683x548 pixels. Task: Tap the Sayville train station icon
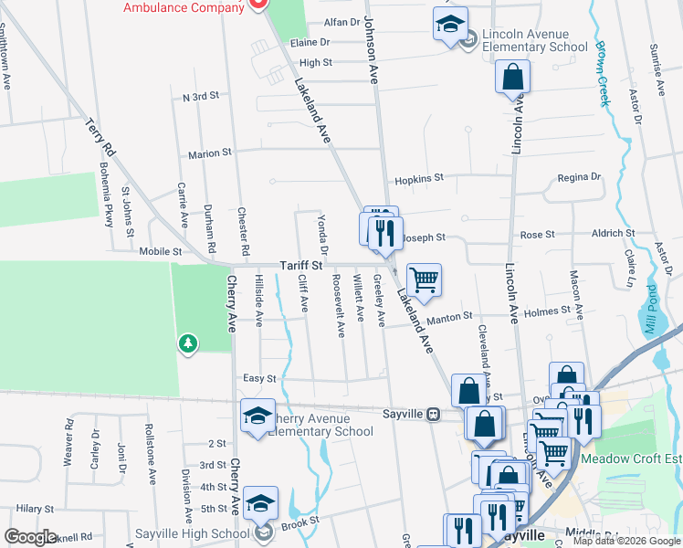pyautogui.click(x=435, y=413)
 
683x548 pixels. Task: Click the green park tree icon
pyautogui.click(x=188, y=342)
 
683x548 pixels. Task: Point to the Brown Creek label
pyautogui.click(x=603, y=72)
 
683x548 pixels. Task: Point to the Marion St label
pyautogui.click(x=210, y=154)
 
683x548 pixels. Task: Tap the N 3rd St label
pyautogui.click(x=201, y=97)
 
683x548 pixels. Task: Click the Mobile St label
pyautogui.click(x=160, y=251)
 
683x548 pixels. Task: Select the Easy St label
pyautogui.click(x=259, y=378)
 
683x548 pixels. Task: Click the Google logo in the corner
pyautogui.click(x=30, y=537)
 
